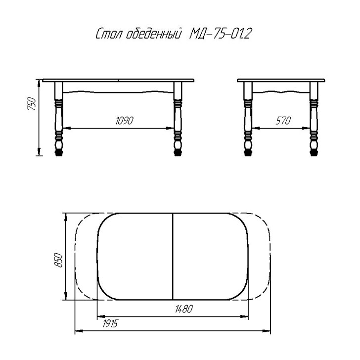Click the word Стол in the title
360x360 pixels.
(x=109, y=34)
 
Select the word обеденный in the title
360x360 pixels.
(x=154, y=34)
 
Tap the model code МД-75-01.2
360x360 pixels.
(x=220, y=34)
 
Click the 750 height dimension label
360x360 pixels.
(x=32, y=104)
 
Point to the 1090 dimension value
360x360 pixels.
(x=124, y=121)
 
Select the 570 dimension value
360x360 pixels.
(x=283, y=121)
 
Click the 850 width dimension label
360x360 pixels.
(x=58, y=260)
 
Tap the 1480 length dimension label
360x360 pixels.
(x=184, y=309)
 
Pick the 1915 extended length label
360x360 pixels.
(x=110, y=324)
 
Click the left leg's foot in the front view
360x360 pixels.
(x=59, y=153)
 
